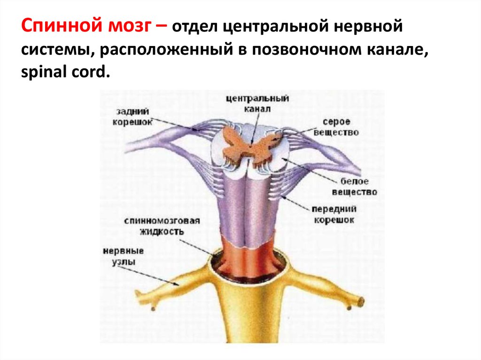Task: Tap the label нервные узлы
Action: click(x=124, y=256)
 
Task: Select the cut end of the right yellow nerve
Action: click(x=361, y=301)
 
